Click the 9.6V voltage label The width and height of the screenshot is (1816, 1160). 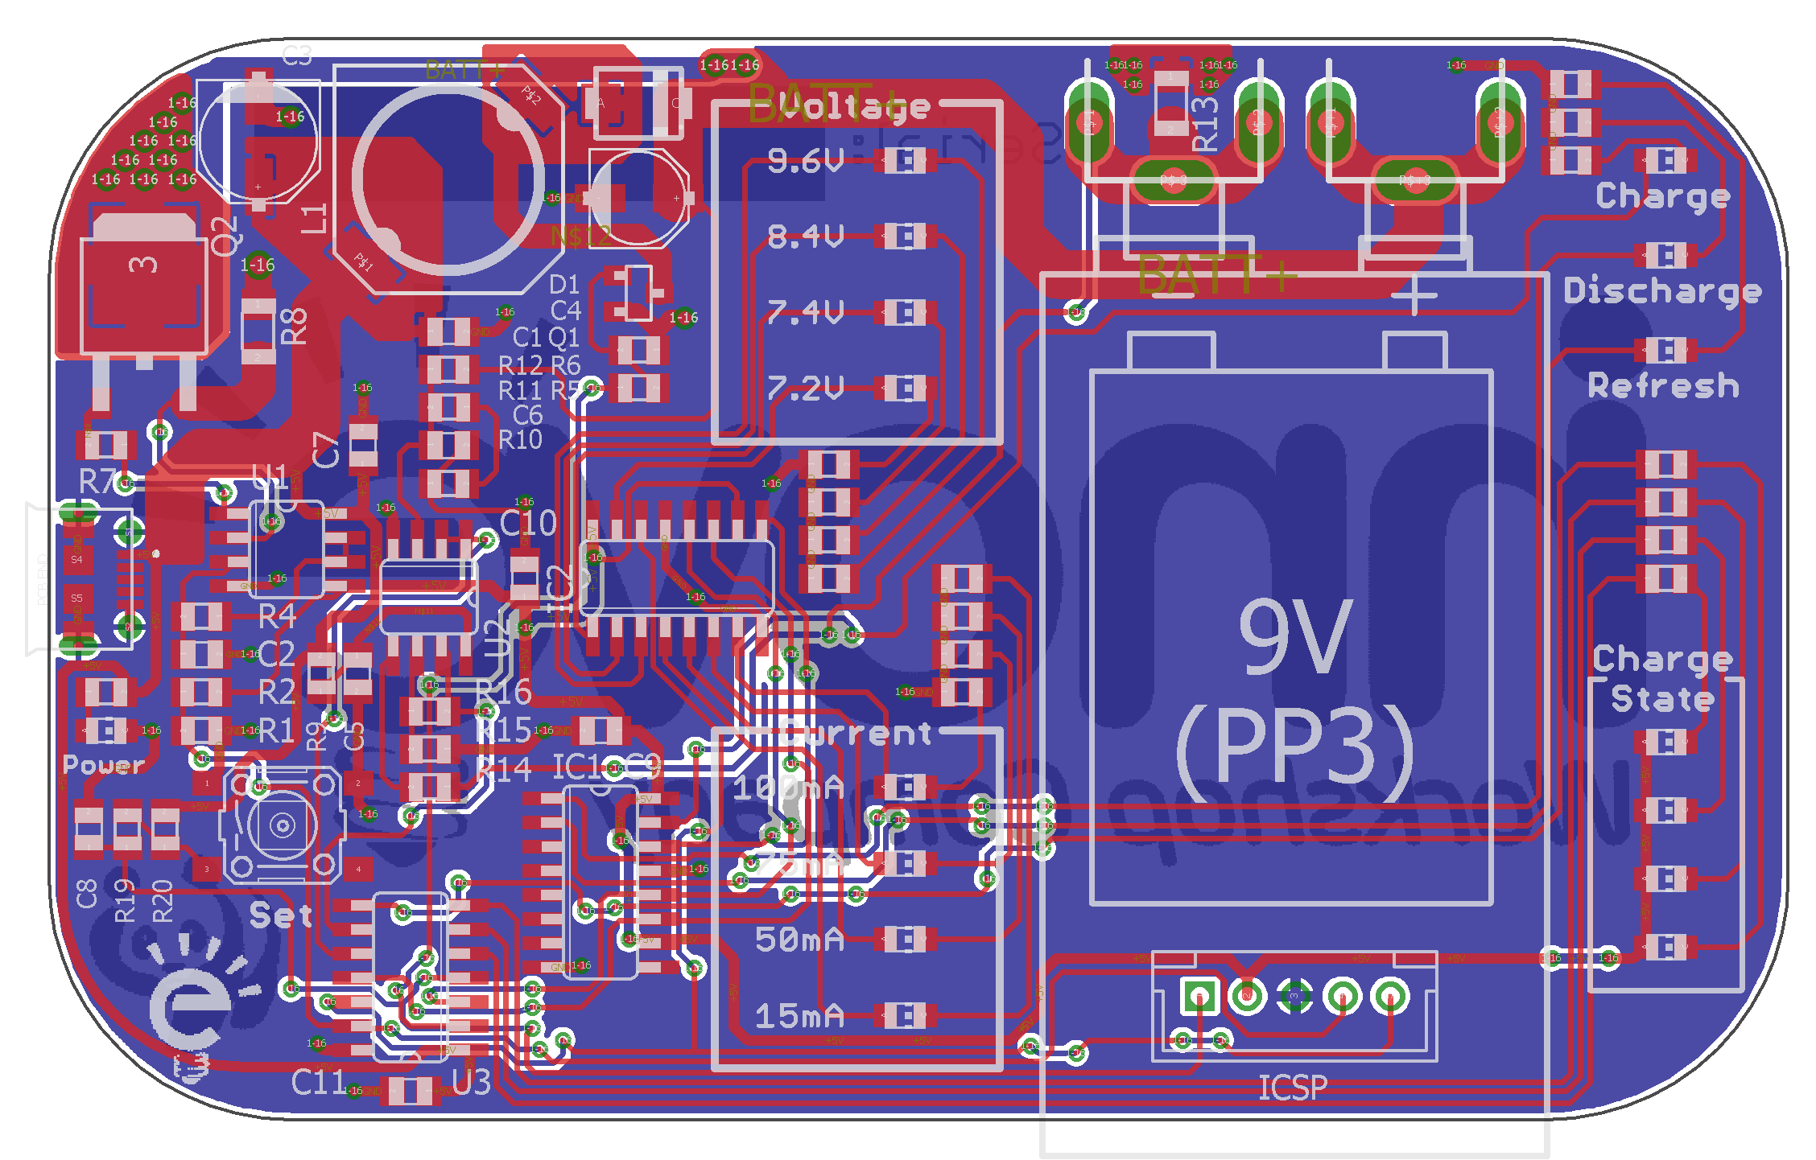click(x=804, y=161)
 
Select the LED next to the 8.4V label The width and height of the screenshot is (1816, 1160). click(x=906, y=237)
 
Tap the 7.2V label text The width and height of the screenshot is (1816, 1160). click(x=804, y=389)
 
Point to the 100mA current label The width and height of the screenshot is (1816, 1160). click(x=788, y=787)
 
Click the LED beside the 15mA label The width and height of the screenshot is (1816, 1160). click(x=906, y=1016)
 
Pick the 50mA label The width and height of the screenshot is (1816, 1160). click(x=799, y=940)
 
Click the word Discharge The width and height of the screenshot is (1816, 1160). click(x=1662, y=290)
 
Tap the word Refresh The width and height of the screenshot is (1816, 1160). click(x=1662, y=386)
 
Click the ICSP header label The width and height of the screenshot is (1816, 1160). click(x=1292, y=1088)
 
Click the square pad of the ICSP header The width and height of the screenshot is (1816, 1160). click(x=1199, y=996)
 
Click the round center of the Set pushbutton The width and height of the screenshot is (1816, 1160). click(x=282, y=825)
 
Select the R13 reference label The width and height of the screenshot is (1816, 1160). click(x=1205, y=125)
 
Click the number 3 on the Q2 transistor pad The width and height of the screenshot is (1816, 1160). click(x=143, y=265)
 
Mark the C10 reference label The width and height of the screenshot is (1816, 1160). click(x=528, y=524)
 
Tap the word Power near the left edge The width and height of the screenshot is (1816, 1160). click(x=103, y=764)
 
